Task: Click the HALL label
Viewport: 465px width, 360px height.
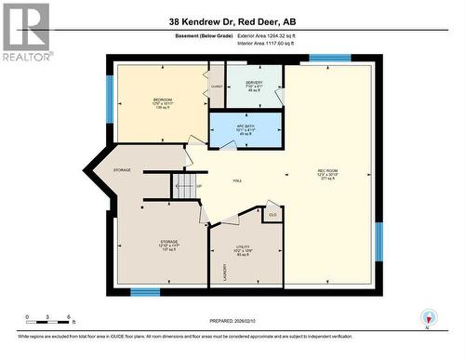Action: (237, 180)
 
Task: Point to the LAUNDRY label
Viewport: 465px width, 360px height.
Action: (224, 272)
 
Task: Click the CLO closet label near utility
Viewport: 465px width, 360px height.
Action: (272, 217)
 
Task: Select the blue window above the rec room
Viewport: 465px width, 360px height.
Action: (329, 58)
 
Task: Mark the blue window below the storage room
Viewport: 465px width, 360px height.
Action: (145, 292)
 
